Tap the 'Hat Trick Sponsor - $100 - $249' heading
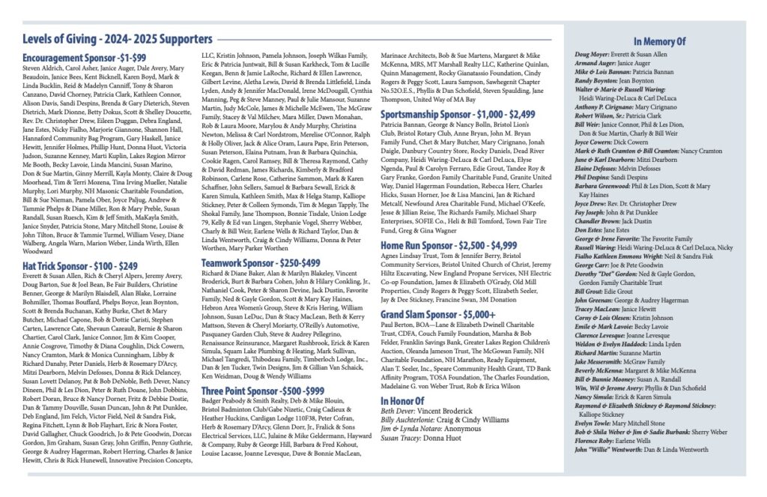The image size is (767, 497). tap(81, 245)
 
